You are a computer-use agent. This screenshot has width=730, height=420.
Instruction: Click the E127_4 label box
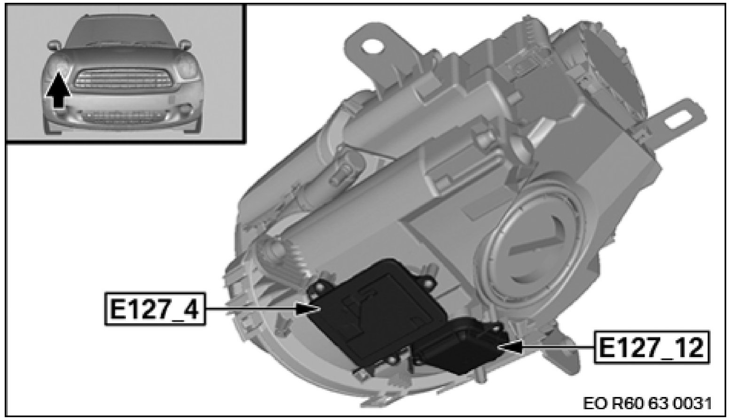tap(155, 309)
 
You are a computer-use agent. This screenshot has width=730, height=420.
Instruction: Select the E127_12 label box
tap(652, 347)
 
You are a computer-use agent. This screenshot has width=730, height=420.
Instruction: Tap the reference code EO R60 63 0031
tap(647, 404)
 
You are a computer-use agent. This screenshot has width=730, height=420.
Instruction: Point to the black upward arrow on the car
tap(58, 90)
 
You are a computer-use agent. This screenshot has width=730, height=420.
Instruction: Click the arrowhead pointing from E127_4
tap(306, 309)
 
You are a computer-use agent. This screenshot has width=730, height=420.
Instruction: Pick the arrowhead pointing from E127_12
tap(511, 348)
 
